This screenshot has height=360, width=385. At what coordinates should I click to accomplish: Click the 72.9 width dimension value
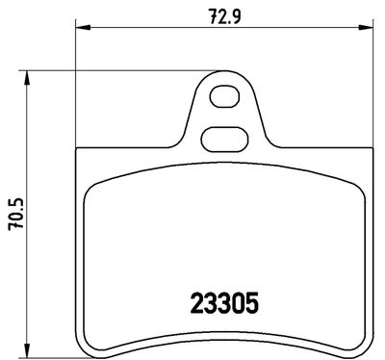pyautogui.click(x=224, y=16)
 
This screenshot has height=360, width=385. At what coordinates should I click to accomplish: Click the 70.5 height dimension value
pyautogui.click(x=17, y=214)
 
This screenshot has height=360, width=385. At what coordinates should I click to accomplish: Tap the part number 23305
pyautogui.click(x=224, y=303)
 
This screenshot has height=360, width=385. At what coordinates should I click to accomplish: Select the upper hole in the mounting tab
pyautogui.click(x=224, y=96)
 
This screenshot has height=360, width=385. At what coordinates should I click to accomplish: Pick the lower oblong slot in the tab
pyautogui.click(x=224, y=139)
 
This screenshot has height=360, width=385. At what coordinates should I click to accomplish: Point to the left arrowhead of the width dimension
pyautogui.click(x=82, y=28)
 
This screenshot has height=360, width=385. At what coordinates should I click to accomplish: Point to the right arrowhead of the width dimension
pyautogui.click(x=367, y=28)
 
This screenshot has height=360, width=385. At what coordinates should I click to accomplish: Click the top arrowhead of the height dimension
pyautogui.click(x=27, y=77)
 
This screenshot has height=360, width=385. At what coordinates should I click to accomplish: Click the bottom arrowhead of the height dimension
pyautogui.click(x=27, y=349)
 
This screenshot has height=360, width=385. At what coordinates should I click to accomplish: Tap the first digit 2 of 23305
pyautogui.click(x=196, y=303)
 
